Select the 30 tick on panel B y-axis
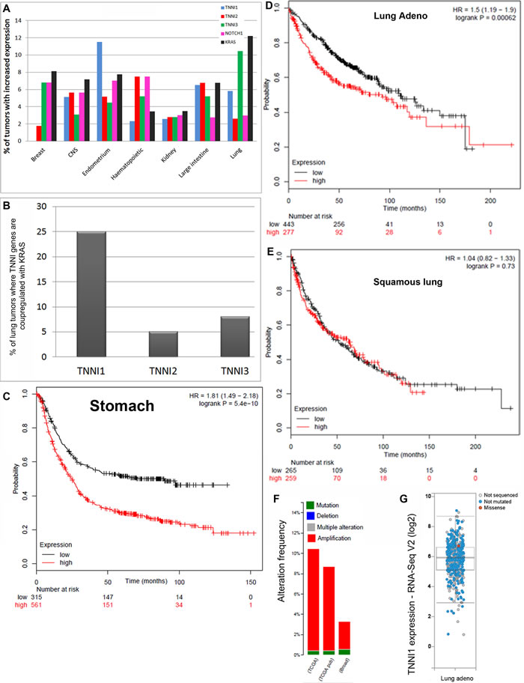(32, 206)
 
